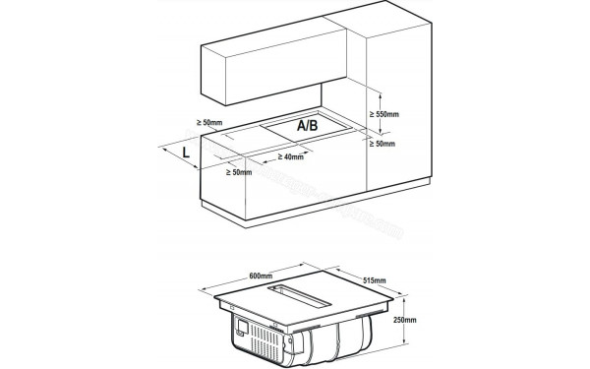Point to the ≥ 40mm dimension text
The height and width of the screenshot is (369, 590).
291,157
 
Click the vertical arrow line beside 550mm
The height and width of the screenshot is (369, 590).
367,114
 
